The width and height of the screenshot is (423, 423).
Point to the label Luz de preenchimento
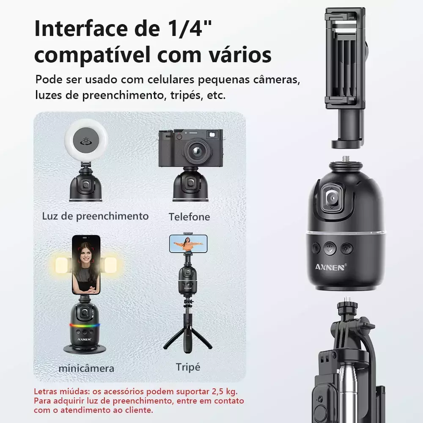click(95, 216)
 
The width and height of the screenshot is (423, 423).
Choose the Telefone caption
click(189, 217)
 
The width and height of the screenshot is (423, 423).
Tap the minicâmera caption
click(86, 368)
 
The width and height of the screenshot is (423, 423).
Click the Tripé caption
click(188, 367)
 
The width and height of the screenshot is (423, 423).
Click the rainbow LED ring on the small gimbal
click(85, 325)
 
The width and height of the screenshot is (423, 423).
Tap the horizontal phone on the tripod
click(188, 244)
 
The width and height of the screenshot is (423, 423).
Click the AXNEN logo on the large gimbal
click(331, 267)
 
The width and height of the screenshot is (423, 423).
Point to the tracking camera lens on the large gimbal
click(332, 199)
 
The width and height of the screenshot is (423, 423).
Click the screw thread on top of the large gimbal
click(345, 159)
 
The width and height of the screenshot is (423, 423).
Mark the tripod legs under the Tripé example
click(188, 340)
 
